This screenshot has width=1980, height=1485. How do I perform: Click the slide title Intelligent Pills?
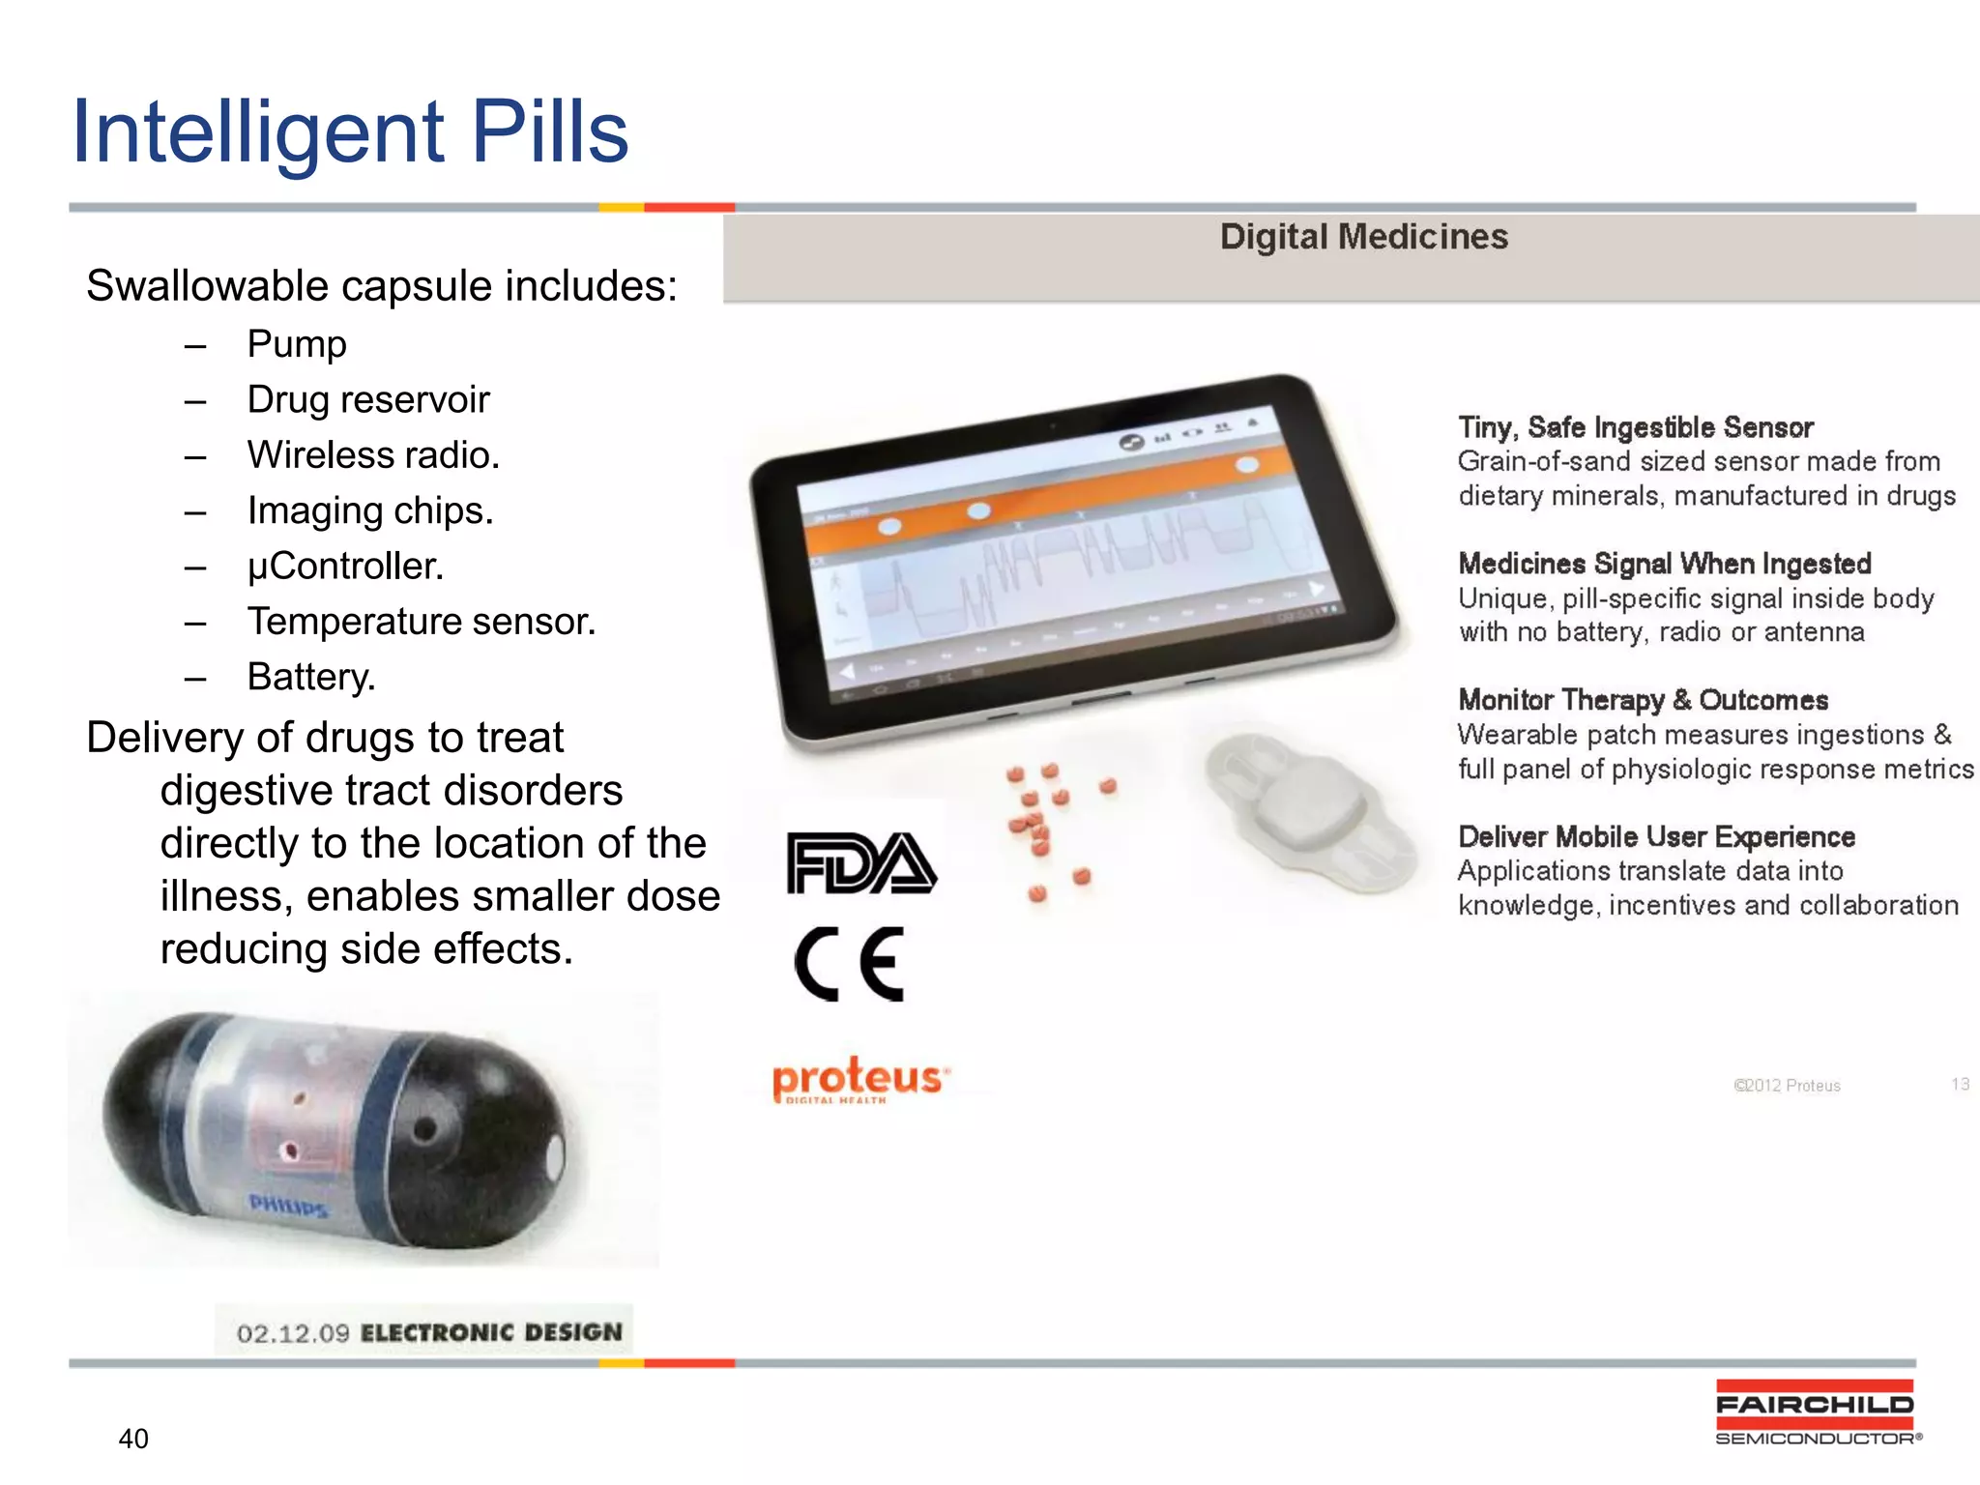tap(350, 132)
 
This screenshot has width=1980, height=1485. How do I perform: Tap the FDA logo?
tap(860, 862)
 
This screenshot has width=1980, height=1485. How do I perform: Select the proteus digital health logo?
tap(859, 1078)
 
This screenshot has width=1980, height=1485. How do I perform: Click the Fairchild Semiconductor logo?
tap(1816, 1412)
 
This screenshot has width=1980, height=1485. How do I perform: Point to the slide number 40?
tap(133, 1439)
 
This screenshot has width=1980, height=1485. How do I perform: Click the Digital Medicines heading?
tap(1363, 237)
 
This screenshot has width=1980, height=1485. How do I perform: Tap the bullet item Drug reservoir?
tap(367, 399)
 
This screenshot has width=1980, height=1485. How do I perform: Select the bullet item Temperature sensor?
tap(421, 622)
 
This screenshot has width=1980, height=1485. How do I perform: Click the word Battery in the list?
tap(310, 677)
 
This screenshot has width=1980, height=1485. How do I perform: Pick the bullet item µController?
tap(345, 566)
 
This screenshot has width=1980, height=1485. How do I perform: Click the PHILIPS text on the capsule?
tap(288, 1206)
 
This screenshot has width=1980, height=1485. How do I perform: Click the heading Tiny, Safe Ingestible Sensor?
tap(1635, 427)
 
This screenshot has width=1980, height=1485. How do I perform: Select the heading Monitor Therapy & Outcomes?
tap(1643, 700)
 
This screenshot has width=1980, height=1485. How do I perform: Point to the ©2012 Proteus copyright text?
tap(1787, 1086)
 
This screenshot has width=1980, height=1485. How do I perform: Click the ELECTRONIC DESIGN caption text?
tap(491, 1332)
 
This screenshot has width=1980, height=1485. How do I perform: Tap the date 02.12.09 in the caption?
tap(292, 1334)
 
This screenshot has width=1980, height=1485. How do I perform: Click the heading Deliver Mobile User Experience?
tap(1656, 836)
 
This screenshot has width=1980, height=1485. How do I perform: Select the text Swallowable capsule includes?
tap(382, 286)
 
